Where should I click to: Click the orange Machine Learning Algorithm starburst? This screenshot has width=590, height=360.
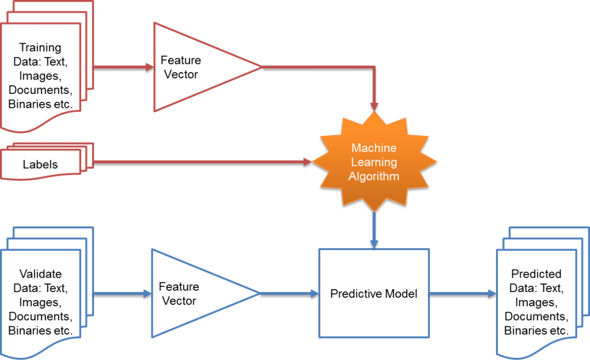tap(373, 162)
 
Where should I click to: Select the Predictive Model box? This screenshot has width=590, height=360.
tap(374, 293)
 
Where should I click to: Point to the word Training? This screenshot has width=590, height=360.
tap(40, 48)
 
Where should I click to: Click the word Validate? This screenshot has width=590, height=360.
tap(40, 274)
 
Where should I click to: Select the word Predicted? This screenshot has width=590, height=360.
tap(536, 274)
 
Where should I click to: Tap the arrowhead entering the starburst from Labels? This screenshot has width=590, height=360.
tap(307, 162)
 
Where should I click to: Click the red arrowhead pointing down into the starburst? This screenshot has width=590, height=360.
tap(374, 106)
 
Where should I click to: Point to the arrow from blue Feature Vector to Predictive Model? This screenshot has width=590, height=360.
tap(288, 293)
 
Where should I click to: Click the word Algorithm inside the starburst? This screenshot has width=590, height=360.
tap(374, 176)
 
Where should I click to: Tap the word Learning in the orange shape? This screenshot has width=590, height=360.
tap(374, 162)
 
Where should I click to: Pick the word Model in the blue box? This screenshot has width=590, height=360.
tap(402, 294)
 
